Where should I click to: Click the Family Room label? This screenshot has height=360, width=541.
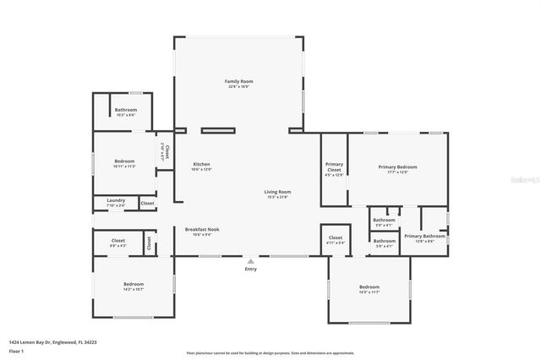coord(239,83)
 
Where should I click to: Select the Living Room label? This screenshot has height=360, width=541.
coord(277,194)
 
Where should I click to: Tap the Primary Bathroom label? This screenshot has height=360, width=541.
coord(424,237)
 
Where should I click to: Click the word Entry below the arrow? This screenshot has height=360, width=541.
coord(250,269)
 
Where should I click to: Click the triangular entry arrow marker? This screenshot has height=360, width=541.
coord(250,260)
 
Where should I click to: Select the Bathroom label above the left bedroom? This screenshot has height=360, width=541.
coord(126,111)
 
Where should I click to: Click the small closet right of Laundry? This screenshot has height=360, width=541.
coord(147,203)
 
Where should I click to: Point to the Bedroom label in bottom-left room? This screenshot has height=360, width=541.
coord(134,286)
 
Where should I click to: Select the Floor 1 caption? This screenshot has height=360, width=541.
coord(16,350)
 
